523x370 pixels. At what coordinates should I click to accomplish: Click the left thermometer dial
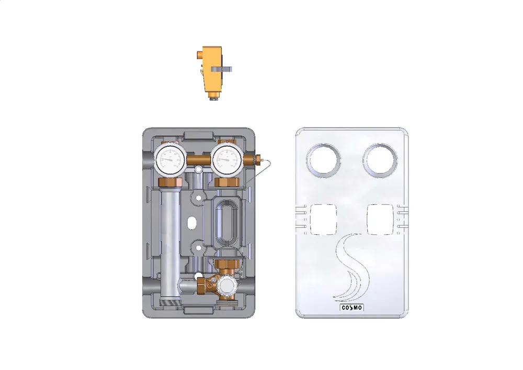170,159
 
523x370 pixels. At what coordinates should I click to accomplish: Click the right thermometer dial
227,159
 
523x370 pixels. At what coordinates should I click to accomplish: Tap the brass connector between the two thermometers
198,160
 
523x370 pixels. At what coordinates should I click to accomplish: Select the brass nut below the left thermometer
170,182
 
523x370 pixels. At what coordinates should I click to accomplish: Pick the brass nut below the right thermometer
227,182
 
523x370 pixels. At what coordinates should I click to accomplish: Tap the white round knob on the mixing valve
226,285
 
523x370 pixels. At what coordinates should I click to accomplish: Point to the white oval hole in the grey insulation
192,223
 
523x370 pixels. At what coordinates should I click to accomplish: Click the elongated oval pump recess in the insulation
227,222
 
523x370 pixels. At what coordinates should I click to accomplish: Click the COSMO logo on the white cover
351,308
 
